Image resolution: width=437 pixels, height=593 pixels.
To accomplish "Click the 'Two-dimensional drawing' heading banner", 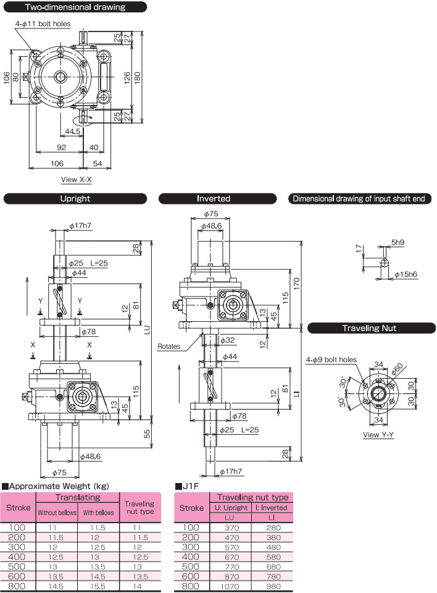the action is pyautogui.click(x=75, y=7).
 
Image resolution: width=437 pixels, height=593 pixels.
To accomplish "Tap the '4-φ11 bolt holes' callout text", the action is pyautogui.click(x=43, y=24).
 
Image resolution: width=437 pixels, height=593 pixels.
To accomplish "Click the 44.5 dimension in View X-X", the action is pyautogui.click(x=73, y=131).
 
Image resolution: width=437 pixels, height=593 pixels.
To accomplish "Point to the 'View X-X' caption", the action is pyautogui.click(x=77, y=180).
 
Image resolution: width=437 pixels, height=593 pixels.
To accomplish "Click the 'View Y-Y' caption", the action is pyautogui.click(x=378, y=434).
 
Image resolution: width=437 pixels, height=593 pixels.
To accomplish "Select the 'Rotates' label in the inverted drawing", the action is pyautogui.click(x=169, y=346).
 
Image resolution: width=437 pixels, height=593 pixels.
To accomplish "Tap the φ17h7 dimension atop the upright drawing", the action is pyautogui.click(x=80, y=226).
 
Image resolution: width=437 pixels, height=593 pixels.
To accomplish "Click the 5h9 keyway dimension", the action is pyautogui.click(x=397, y=242).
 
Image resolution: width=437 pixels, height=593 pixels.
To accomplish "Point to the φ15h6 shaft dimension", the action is pyautogui.click(x=406, y=274).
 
